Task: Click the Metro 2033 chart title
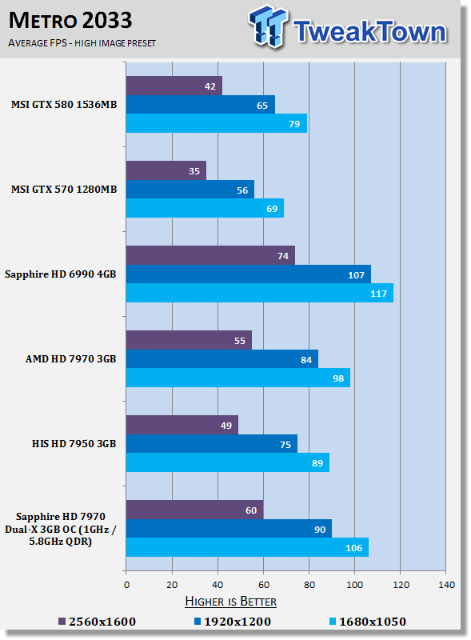(70, 21)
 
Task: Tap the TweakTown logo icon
(268, 26)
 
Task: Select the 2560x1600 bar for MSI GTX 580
(174, 86)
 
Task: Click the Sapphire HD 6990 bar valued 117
(260, 293)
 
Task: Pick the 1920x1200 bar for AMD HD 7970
(222, 359)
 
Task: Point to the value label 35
(194, 171)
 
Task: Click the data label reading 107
(356, 275)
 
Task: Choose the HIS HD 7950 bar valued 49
(182, 425)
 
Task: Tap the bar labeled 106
(247, 547)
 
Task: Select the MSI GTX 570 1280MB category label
(64, 190)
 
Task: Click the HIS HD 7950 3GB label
(74, 444)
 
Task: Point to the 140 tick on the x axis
(446, 585)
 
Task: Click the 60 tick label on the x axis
(264, 585)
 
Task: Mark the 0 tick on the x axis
(126, 585)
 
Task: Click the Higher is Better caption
(230, 602)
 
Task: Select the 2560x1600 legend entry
(97, 622)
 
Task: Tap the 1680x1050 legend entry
(367, 622)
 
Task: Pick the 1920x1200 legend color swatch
(198, 622)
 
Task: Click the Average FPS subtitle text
(82, 43)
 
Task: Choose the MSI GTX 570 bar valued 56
(190, 190)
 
